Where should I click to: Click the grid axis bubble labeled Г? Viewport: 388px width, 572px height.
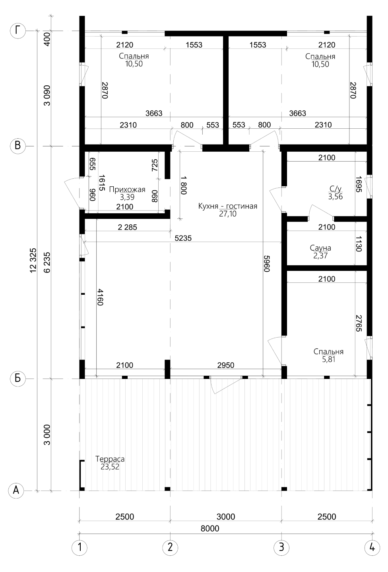click(17, 31)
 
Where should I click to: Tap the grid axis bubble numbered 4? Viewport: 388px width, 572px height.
click(372, 547)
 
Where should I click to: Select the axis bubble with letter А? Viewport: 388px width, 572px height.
click(16, 491)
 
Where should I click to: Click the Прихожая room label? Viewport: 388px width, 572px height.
click(127, 189)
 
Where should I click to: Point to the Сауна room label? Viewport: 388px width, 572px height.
click(320, 248)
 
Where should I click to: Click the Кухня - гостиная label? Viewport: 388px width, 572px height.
click(228, 206)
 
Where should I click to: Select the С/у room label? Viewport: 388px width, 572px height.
click(336, 189)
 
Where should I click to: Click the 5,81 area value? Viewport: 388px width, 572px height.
click(328, 359)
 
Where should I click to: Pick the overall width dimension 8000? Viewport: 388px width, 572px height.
click(210, 528)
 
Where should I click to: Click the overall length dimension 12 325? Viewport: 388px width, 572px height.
click(33, 261)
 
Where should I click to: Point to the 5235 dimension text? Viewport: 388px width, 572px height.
click(183, 238)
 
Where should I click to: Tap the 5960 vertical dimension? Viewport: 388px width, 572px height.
click(267, 263)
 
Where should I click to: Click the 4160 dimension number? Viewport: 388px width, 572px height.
click(100, 297)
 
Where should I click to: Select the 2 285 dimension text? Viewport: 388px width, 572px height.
click(127, 227)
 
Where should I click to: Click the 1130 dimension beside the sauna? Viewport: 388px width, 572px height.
click(359, 244)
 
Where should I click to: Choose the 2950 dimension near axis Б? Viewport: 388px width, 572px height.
click(226, 365)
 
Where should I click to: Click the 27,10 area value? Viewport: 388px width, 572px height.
click(228, 214)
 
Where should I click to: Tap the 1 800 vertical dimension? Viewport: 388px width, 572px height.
click(184, 186)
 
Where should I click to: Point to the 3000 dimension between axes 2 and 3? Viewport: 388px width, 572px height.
click(226, 516)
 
